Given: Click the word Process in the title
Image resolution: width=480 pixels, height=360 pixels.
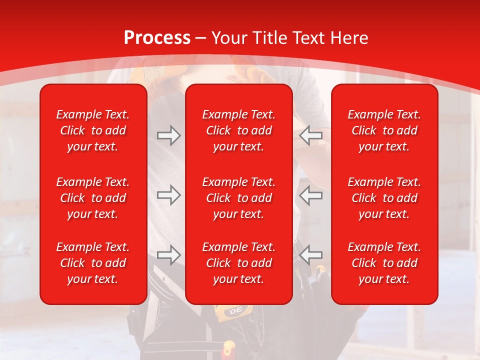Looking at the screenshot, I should (x=157, y=38).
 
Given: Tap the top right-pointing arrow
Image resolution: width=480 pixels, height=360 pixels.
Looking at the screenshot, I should (x=168, y=135).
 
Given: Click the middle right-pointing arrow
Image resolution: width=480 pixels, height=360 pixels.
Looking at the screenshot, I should (x=168, y=195).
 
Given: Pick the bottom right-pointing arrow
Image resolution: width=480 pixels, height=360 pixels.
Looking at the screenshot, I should (x=168, y=255).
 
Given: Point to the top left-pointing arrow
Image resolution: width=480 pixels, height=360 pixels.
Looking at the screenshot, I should (x=311, y=135).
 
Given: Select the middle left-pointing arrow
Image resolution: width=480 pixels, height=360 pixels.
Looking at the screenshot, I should (x=311, y=195).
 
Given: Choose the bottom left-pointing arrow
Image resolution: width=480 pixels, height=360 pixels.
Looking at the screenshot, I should (x=311, y=255).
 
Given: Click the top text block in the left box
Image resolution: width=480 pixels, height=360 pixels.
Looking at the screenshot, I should (x=93, y=130).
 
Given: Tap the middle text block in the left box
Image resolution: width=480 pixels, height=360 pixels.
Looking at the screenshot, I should (x=93, y=198).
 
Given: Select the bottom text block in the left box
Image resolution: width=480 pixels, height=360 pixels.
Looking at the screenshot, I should (x=93, y=263).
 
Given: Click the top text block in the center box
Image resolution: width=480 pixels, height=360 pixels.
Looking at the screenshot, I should (x=239, y=130).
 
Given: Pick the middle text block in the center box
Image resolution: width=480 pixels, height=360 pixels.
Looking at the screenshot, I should (x=239, y=198).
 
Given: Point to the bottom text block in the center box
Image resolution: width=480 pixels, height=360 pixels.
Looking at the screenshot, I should (x=239, y=263).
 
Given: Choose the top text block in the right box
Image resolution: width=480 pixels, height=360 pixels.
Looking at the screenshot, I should (x=384, y=130).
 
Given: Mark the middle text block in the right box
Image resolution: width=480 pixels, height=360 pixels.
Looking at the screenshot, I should (x=384, y=198).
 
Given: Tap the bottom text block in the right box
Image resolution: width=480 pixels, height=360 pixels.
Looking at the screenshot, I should (x=384, y=263).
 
